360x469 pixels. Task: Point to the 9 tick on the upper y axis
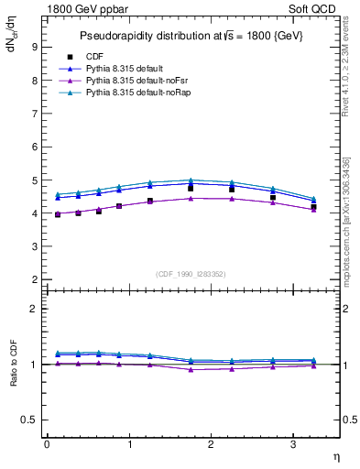(33, 47)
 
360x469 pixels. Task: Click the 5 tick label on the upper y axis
(33, 180)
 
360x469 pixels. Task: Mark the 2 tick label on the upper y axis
(33, 279)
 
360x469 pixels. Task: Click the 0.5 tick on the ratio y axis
(29, 420)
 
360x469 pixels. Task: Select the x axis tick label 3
(293, 444)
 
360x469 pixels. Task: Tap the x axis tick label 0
(47, 444)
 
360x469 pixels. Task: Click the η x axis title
(336, 456)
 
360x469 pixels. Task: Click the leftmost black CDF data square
(58, 214)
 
